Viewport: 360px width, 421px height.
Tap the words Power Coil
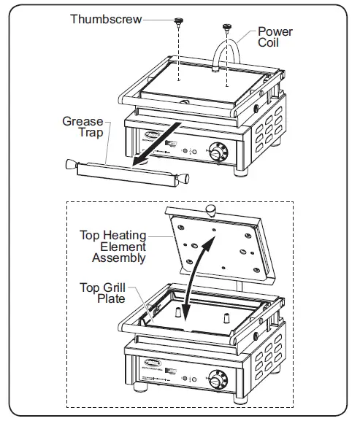(x=275, y=38)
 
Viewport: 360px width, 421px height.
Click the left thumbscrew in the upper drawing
(x=177, y=23)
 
